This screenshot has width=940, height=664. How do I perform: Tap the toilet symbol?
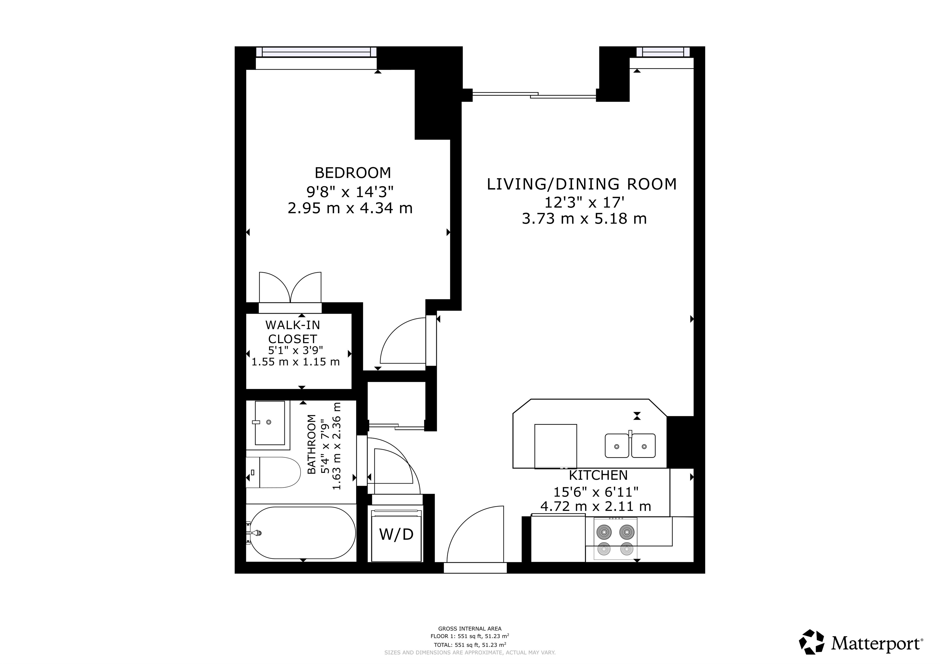pyautogui.click(x=273, y=473)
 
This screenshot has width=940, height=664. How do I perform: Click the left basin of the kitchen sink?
pyautogui.click(x=617, y=446)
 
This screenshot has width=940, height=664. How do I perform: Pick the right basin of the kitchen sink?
pyautogui.click(x=644, y=446)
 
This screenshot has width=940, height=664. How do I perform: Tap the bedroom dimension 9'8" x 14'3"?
pyautogui.click(x=350, y=191)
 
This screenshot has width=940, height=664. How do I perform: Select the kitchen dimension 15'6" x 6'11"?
pyautogui.click(x=596, y=491)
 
